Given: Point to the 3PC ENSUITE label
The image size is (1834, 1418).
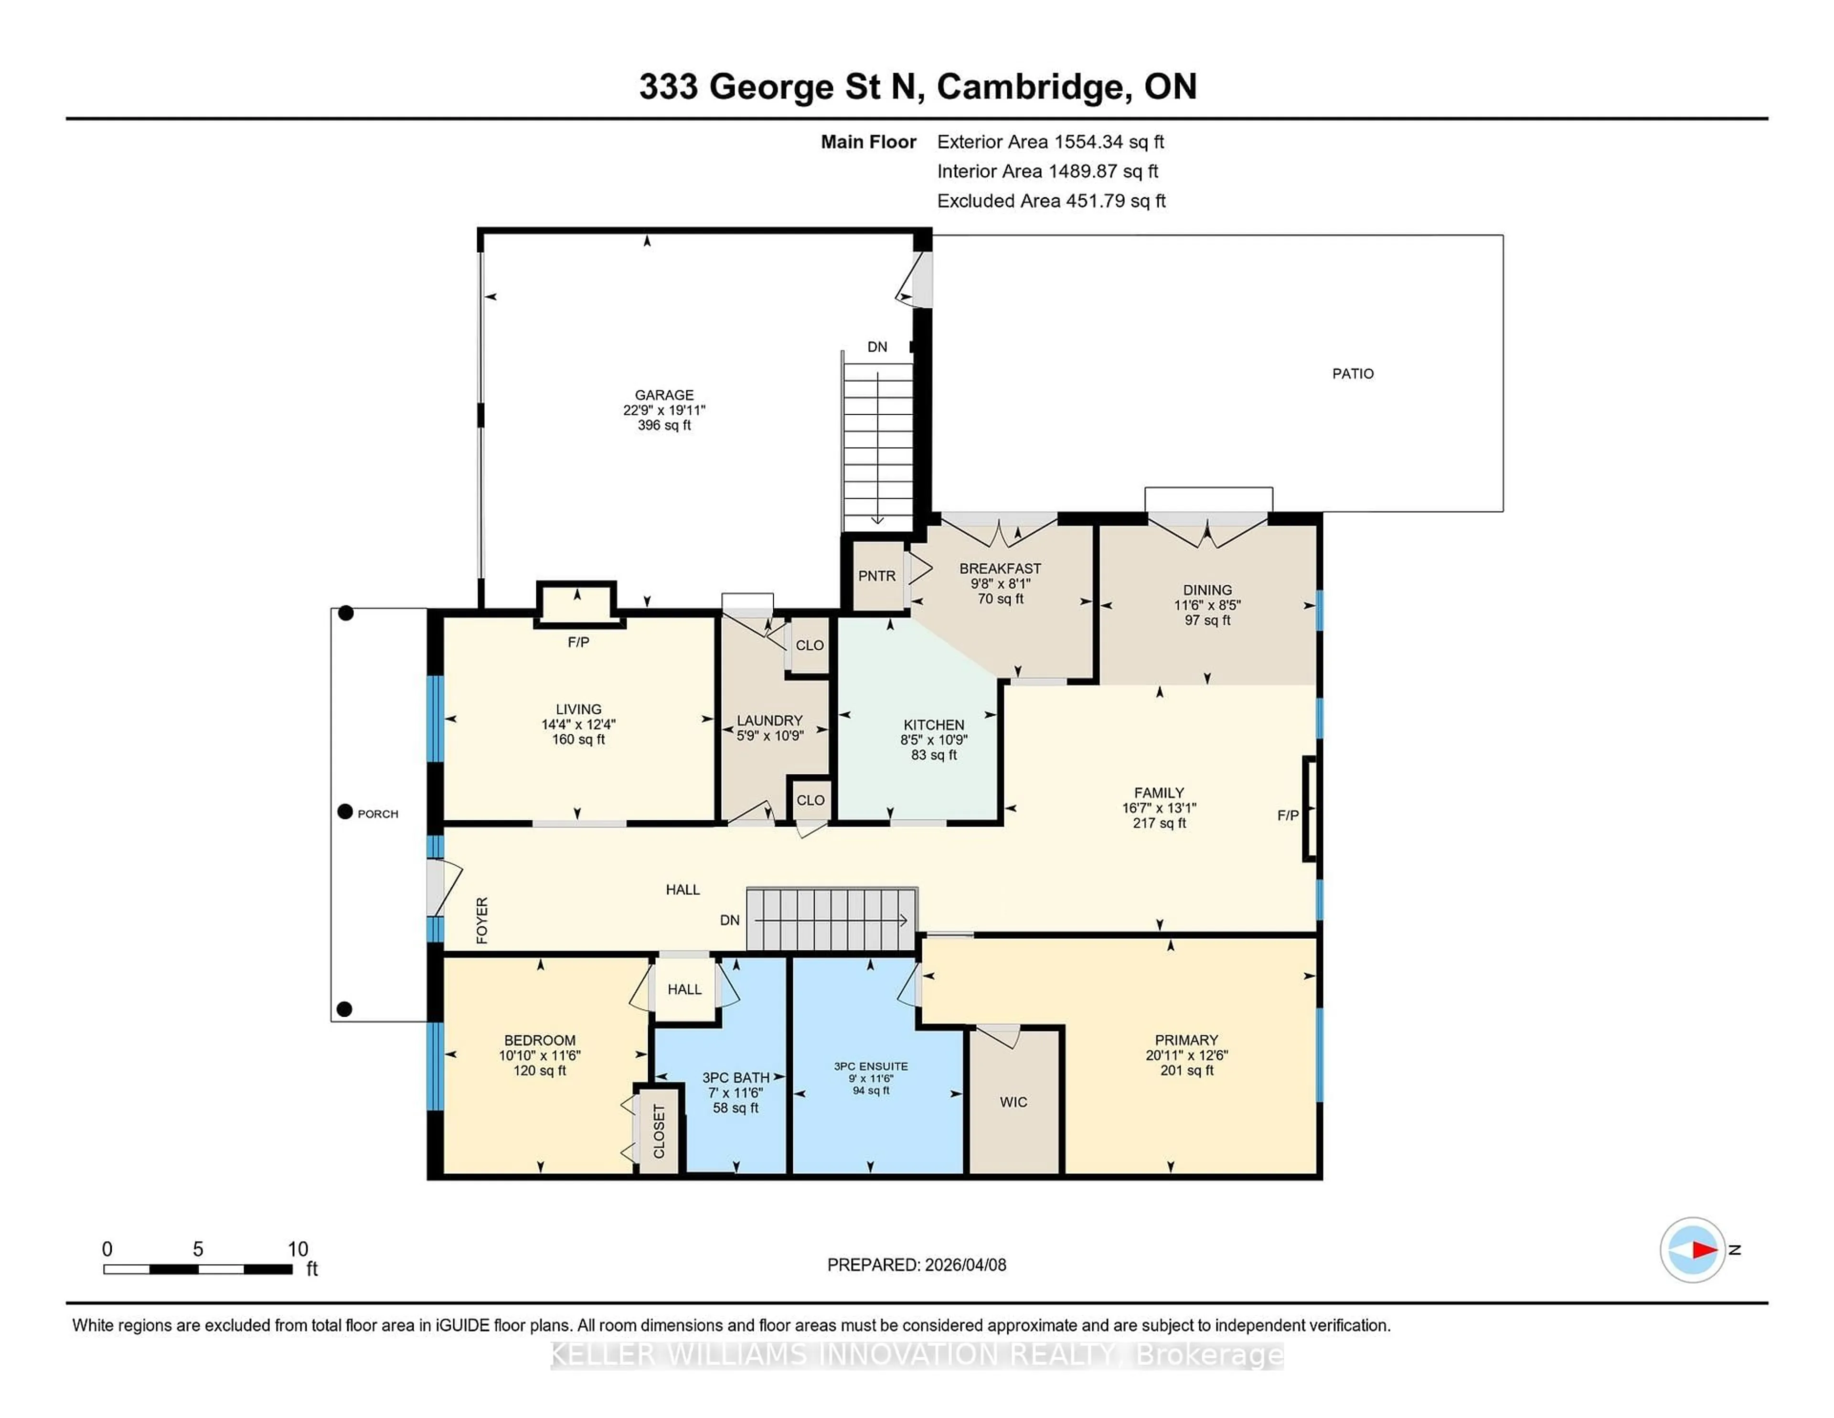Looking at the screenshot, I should point(870,1066).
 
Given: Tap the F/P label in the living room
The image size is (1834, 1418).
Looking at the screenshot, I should point(578,643).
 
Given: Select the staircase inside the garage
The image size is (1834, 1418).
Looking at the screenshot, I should point(877,441).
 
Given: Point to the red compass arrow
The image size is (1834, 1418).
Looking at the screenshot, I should point(1704,1250).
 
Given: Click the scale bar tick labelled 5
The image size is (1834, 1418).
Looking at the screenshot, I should point(198,1249).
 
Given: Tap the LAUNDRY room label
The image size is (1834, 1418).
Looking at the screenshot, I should point(769,721).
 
